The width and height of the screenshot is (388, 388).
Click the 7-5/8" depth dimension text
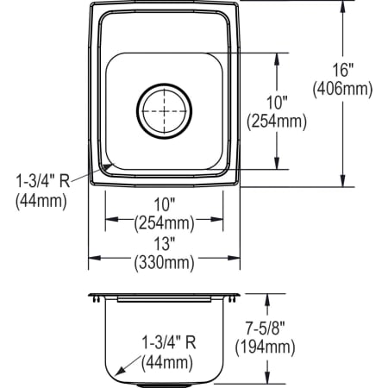pos(264,330)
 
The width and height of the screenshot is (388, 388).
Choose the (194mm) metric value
pos(264,347)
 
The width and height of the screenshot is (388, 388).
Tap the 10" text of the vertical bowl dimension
pos(276,104)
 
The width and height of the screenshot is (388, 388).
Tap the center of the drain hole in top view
pos(163,110)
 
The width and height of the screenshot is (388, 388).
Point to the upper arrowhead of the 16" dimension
pos(344,5)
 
